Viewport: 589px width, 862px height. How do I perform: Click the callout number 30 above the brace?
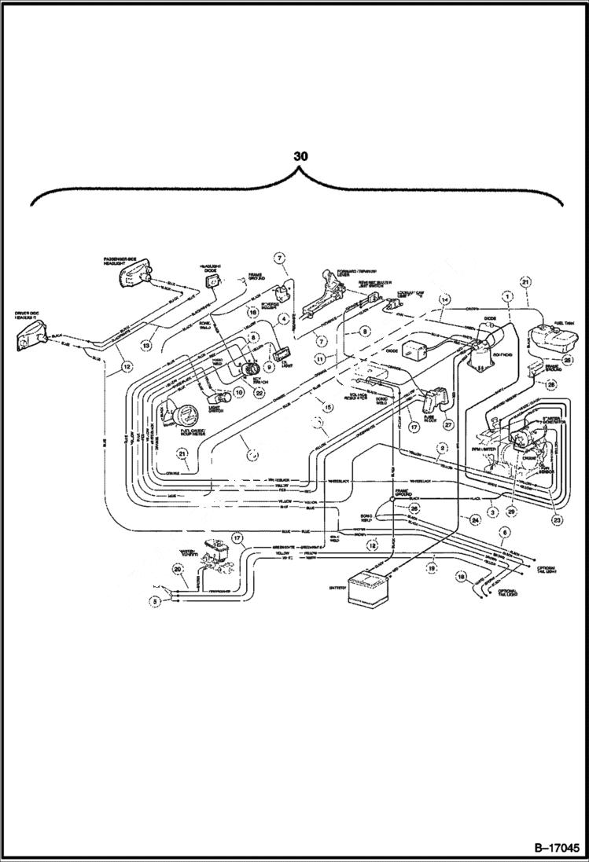pos(300,156)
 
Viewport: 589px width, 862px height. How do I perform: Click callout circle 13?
pos(145,344)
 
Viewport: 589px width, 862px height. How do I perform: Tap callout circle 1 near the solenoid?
pos(507,296)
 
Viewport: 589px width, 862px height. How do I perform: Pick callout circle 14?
pos(444,299)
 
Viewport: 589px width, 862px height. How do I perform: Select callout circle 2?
pos(444,448)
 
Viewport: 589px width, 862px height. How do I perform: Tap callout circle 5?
pos(156,601)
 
